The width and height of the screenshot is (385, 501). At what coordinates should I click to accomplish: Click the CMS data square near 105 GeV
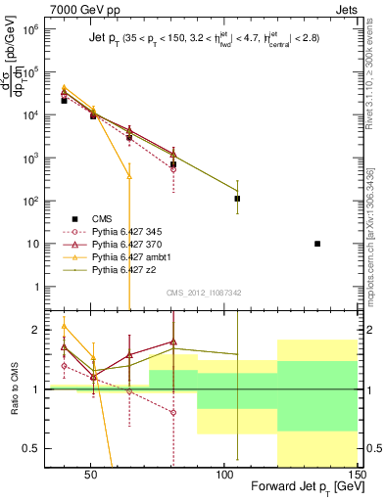(x=237, y=199)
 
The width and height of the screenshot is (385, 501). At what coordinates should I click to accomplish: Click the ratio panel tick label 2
(x=41, y=330)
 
